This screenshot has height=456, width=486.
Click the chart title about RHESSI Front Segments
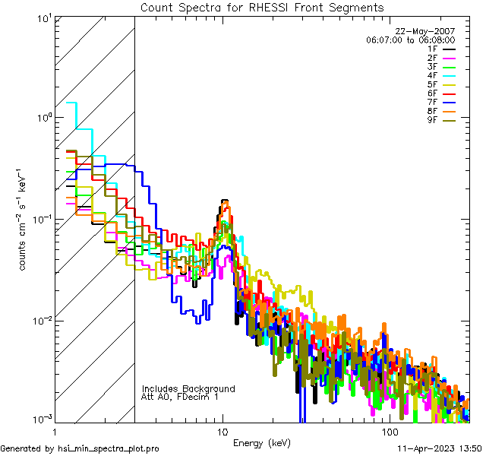click(262, 8)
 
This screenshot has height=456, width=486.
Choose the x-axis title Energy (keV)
click(262, 442)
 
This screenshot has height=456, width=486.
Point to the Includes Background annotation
click(188, 388)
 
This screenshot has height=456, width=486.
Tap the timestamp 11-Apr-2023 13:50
click(438, 449)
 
